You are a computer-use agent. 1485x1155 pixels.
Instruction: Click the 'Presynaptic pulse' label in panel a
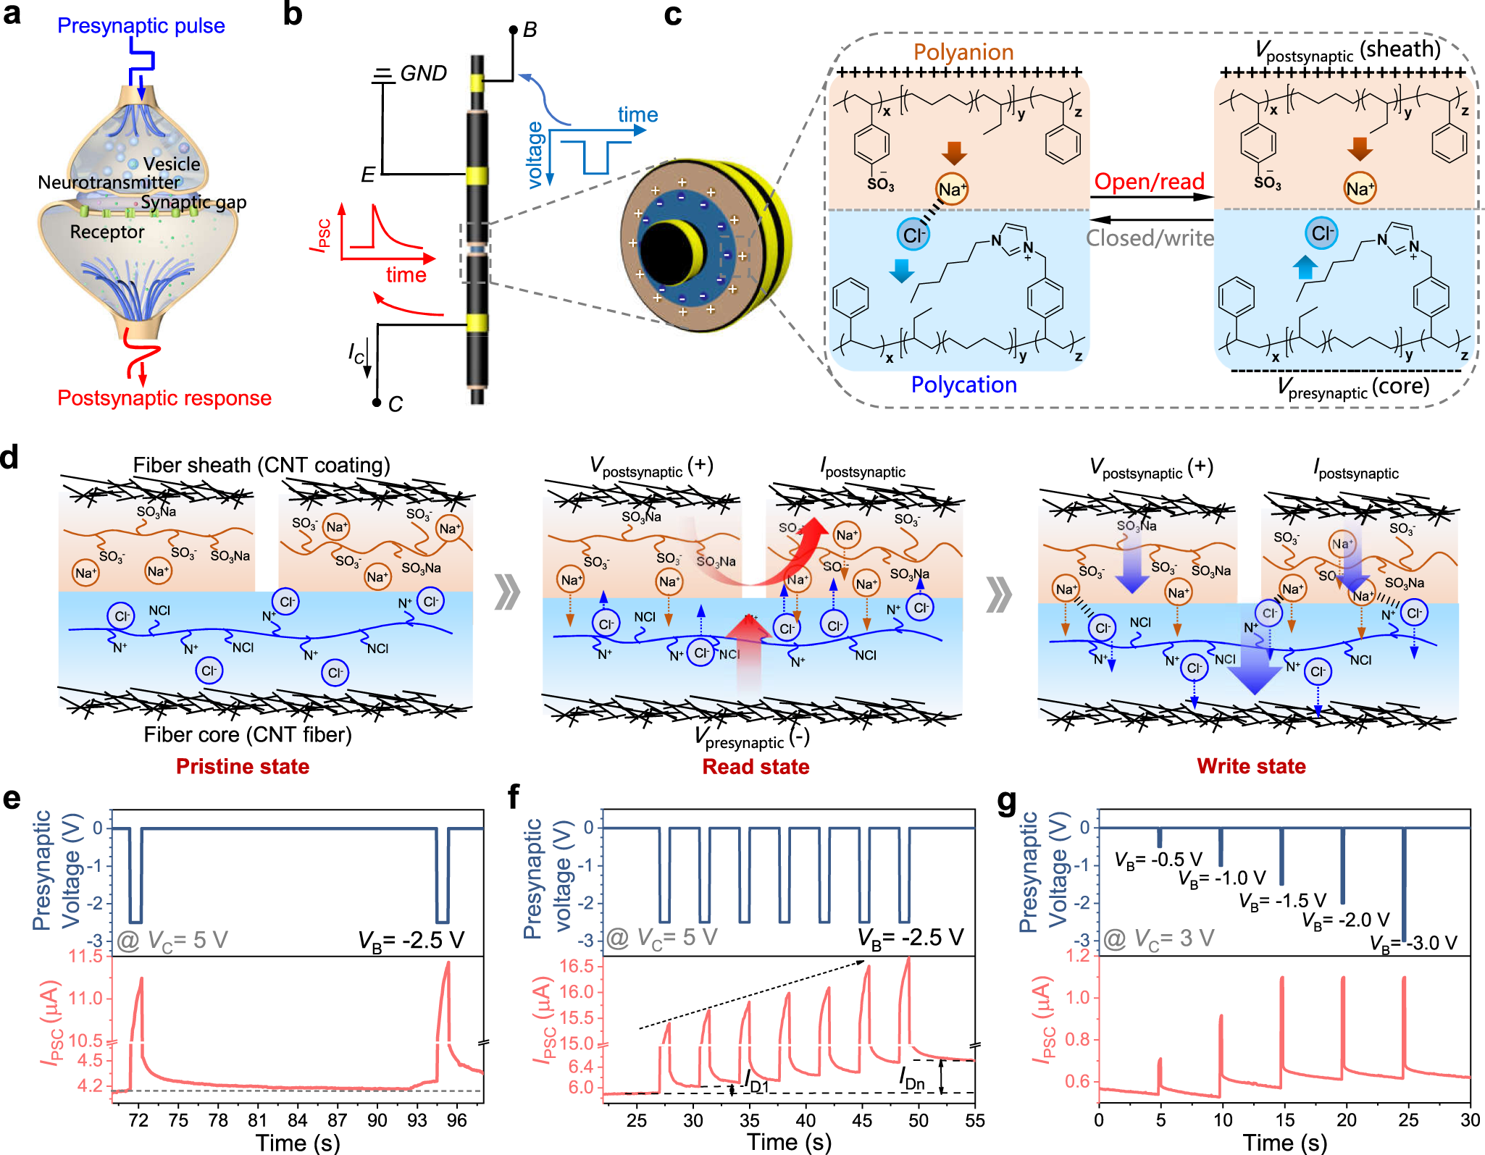141,26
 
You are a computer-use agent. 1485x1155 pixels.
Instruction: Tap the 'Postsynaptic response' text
164,398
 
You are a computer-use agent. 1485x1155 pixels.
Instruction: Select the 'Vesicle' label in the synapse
172,164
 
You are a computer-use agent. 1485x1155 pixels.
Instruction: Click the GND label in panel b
423,74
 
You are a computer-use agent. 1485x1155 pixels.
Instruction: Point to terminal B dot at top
513,30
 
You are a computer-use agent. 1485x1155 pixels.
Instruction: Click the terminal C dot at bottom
377,402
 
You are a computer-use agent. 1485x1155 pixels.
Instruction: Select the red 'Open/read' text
1149,182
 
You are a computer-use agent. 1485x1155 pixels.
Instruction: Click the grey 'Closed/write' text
1149,238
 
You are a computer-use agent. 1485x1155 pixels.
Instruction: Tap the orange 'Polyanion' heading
963,52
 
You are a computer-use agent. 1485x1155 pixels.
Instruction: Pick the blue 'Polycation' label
963,385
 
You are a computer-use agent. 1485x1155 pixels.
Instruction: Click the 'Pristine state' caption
243,766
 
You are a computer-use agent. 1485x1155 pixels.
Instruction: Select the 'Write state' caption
1251,766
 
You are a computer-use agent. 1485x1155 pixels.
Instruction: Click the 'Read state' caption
756,767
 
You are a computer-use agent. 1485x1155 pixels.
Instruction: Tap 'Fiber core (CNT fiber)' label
248,735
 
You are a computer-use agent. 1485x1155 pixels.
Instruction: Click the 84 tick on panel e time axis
297,1120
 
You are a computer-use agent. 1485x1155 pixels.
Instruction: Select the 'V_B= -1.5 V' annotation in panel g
1281,901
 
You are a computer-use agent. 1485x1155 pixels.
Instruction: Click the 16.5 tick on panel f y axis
577,967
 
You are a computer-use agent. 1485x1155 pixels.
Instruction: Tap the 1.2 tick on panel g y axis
1078,956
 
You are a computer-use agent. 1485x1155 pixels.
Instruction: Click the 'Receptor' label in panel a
107,232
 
